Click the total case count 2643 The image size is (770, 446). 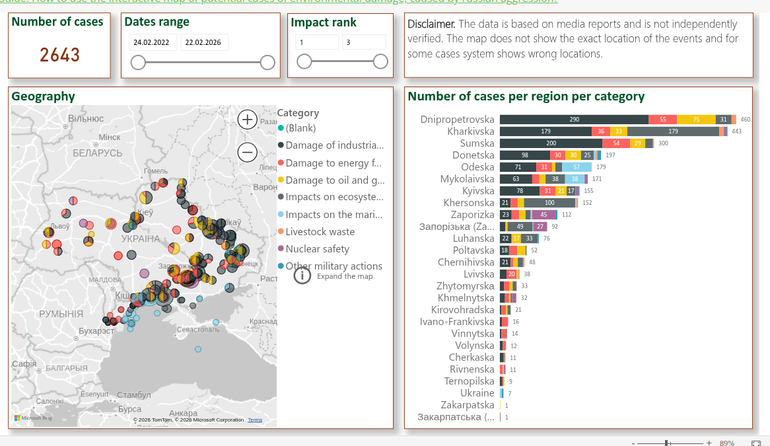pos(60,55)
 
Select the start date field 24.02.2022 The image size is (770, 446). pos(151,42)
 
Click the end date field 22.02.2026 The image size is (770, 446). pos(203,42)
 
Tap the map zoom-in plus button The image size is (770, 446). pos(248,120)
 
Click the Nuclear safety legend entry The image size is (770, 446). pos(317,249)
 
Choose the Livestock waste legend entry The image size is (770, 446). pos(320,232)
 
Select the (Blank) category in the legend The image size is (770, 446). pos(300,128)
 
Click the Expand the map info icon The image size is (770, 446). pos(302,276)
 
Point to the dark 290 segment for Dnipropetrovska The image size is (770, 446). pos(574,120)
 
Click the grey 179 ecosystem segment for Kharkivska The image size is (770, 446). pos(673,131)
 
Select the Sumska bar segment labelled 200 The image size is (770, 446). pos(551,143)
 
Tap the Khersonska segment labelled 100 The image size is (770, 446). pos(549,203)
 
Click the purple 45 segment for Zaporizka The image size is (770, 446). pos(543,215)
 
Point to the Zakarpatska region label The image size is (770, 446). pos(468,405)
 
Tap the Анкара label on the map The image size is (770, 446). pos(183,413)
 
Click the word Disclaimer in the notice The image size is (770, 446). pos(431,24)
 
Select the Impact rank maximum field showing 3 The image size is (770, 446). pos(364,42)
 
